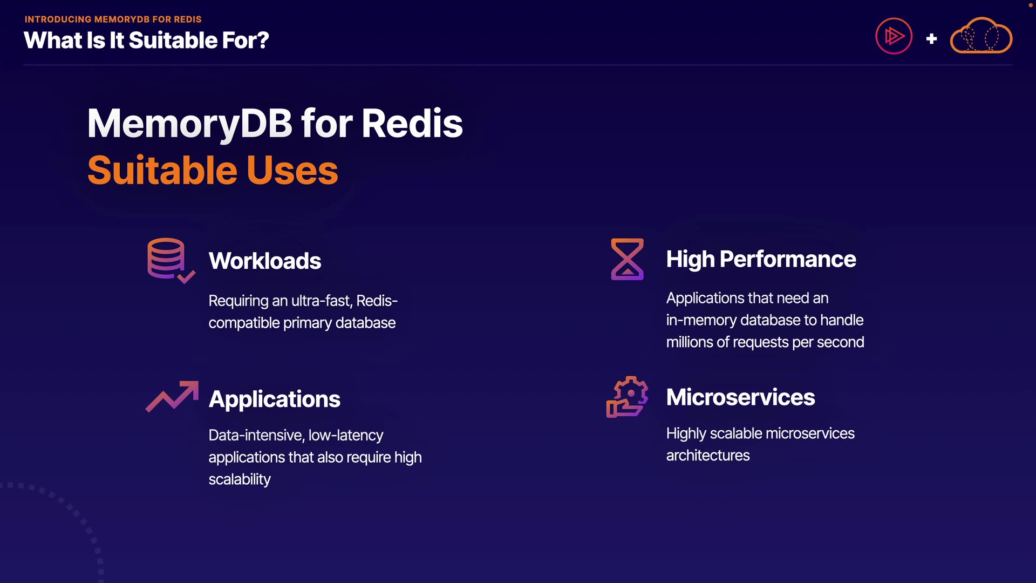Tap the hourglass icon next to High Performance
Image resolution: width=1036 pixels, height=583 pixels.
[627, 259]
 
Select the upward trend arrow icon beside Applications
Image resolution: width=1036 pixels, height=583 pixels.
[172, 397]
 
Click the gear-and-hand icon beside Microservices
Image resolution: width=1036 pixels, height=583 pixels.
[627, 397]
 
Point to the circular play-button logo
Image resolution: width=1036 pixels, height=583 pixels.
[894, 36]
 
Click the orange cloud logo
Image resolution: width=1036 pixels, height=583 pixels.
[980, 36]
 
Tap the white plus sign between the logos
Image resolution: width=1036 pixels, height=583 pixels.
[931, 39]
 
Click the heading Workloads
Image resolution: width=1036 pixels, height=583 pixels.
[265, 261]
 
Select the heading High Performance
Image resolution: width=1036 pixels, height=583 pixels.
[761, 259]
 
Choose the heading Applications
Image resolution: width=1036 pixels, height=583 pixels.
[274, 399]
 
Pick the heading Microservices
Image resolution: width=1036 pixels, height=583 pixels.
[740, 397]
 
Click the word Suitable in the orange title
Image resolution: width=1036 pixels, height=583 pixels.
[162, 171]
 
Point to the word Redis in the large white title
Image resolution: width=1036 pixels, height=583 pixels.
[412, 124]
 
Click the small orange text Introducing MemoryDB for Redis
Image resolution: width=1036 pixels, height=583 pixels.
[113, 19]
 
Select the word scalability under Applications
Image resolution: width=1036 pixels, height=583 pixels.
[240, 479]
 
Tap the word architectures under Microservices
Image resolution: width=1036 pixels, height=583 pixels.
[708, 456]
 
